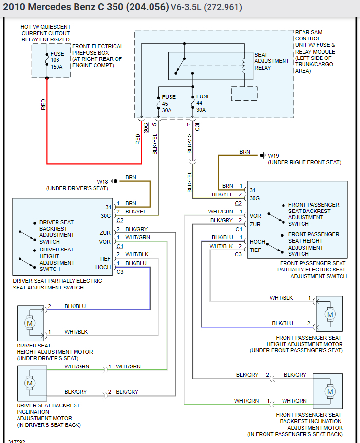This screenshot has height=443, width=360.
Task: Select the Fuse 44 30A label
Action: [x=203, y=103]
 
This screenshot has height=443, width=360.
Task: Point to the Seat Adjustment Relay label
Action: [x=271, y=61]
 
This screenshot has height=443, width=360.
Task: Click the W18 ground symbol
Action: [x=114, y=181]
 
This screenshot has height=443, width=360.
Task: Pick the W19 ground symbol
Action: [x=263, y=155]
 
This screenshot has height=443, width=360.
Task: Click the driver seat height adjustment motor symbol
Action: [x=30, y=323]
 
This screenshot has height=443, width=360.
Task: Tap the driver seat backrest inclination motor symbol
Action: [x=30, y=383]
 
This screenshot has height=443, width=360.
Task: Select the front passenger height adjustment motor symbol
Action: [x=330, y=314]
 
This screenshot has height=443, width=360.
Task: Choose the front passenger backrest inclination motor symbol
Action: [x=330, y=391]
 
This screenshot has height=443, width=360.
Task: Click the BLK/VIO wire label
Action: [x=190, y=144]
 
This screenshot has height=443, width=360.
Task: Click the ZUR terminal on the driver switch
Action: [x=105, y=233]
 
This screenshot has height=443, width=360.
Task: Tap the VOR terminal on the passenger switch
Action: [x=255, y=216]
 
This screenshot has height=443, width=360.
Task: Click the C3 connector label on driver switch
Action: [x=120, y=271]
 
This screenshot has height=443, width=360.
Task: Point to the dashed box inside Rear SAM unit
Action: [x=244, y=94]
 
